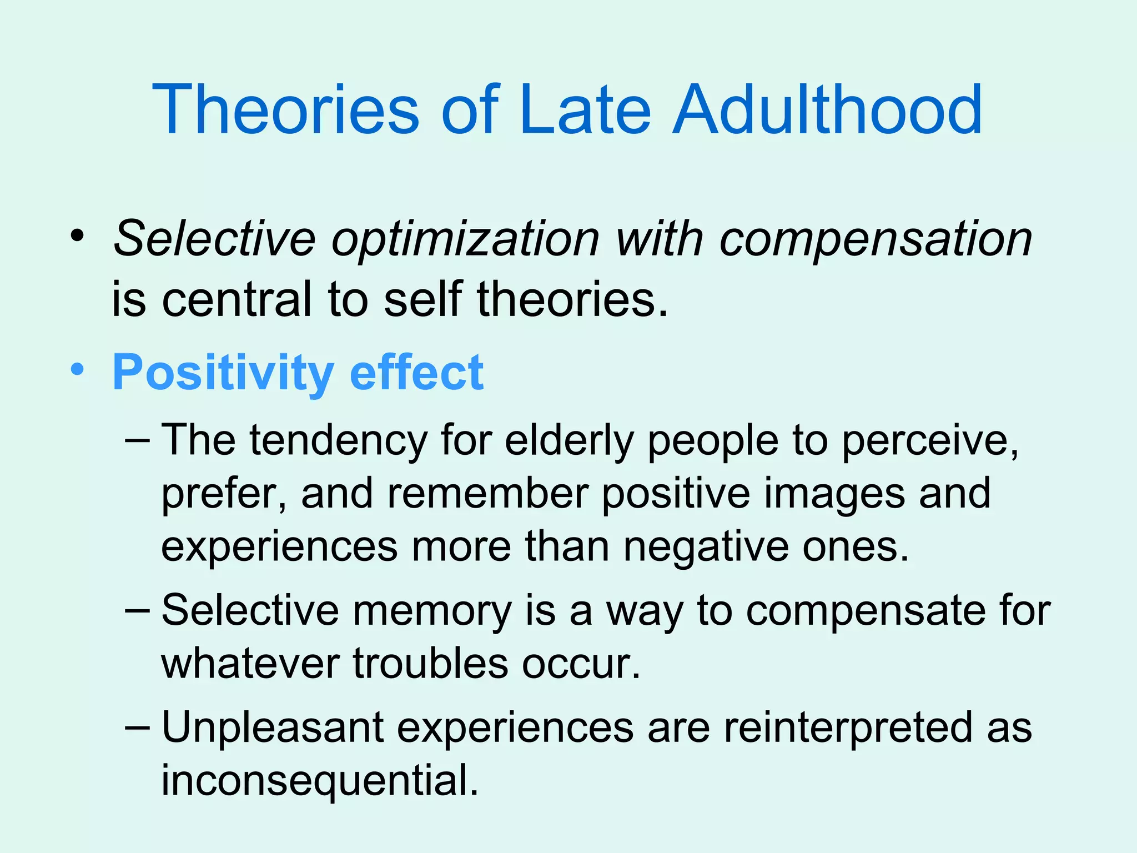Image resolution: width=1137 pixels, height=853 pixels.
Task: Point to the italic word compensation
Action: pyautogui.click(x=876, y=240)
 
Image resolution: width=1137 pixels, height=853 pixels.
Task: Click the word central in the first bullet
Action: pyautogui.click(x=237, y=299)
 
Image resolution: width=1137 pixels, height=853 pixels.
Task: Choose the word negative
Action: pyautogui.click(x=706, y=547)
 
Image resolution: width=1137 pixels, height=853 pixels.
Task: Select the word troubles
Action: pyautogui.click(x=430, y=664)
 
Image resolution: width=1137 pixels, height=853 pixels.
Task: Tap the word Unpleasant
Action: pyautogui.click(x=273, y=728)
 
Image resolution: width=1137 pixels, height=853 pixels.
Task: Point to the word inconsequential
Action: pyautogui.click(x=319, y=781)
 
